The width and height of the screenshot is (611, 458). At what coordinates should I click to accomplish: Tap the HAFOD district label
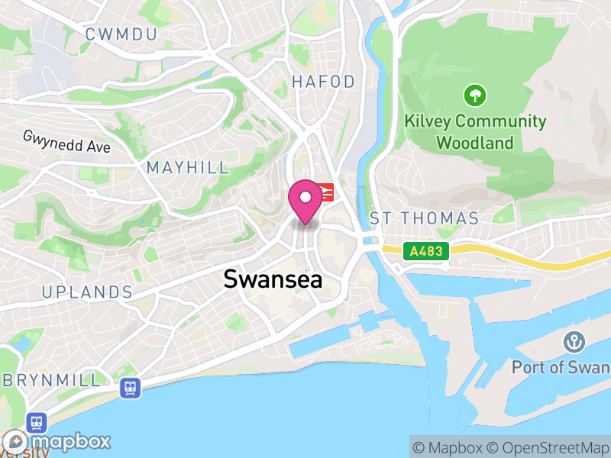(x=323, y=82)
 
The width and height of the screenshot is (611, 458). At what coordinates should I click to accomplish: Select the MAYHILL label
(x=187, y=168)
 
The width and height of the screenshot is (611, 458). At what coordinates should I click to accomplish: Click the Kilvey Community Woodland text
(x=476, y=131)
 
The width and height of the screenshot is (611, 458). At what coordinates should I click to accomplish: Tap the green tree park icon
(x=475, y=96)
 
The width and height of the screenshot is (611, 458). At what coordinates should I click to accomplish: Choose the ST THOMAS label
(x=424, y=218)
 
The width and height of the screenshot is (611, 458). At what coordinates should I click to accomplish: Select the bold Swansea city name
(x=273, y=279)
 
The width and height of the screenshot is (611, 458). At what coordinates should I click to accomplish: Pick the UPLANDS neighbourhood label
(x=87, y=292)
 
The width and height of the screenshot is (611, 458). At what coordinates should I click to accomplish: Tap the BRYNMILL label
(x=50, y=379)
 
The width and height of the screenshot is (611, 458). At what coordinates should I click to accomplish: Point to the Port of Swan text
(x=561, y=367)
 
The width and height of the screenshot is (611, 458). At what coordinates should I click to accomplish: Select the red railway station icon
(x=327, y=192)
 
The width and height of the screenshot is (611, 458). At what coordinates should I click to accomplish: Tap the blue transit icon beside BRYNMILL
(x=130, y=388)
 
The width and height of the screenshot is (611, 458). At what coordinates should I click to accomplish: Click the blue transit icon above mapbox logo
(x=36, y=421)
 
